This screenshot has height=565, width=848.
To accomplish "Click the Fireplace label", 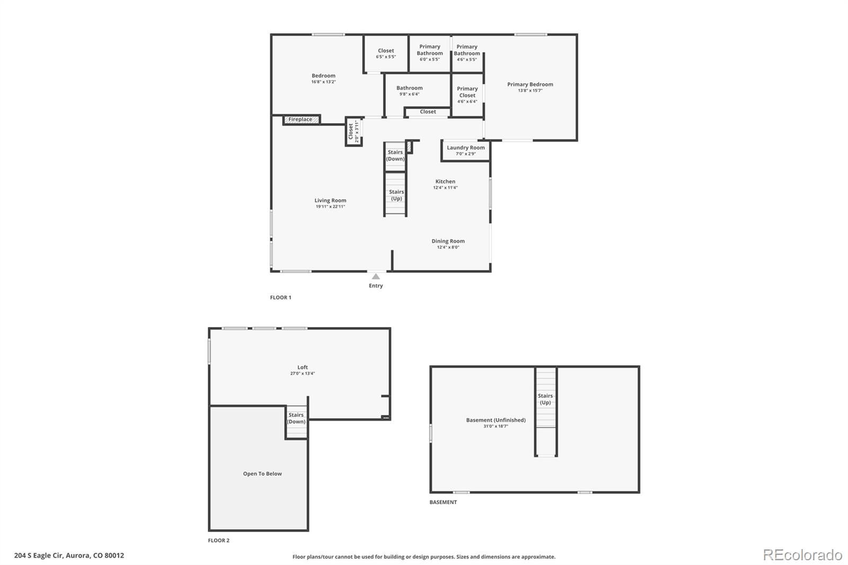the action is point(300,119).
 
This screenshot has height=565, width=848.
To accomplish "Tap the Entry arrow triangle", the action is point(376,277).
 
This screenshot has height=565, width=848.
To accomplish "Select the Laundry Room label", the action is point(466,148).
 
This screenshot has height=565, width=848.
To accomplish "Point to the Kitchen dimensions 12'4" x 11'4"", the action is point(445,188).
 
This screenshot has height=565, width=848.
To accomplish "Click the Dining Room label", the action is point(448,241).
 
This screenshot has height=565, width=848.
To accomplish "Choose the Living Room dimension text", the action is point(330,206).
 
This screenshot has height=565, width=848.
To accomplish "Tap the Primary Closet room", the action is point(467,95).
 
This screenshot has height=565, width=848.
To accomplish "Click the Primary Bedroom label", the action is point(530,84).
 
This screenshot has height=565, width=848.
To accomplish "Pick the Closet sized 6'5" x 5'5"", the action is point(386,53).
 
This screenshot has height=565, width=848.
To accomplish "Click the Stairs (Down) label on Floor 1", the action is point(395,155).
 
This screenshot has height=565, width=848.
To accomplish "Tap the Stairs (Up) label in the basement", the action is point(545,399).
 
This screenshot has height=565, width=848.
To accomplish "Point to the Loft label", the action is point(303,367).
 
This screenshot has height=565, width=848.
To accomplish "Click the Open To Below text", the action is point(262,474).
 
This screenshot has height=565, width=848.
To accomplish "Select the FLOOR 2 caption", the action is point(218,541).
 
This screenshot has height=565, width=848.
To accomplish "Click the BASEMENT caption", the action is point(443,502).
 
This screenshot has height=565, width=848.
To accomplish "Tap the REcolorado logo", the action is point(802,555).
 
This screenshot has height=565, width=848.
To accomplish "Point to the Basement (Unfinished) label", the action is point(496,420).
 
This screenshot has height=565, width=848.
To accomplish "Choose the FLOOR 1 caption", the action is point(280,298).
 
